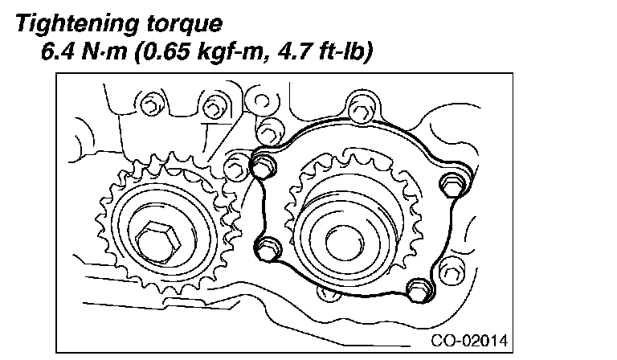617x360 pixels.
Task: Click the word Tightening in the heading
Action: [78, 24]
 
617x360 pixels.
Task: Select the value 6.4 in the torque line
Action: [58, 51]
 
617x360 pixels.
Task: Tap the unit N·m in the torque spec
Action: [104, 51]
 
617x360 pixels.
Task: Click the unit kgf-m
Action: [229, 52]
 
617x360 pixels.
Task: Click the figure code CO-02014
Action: [469, 341]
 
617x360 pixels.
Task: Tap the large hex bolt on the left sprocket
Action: [158, 241]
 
